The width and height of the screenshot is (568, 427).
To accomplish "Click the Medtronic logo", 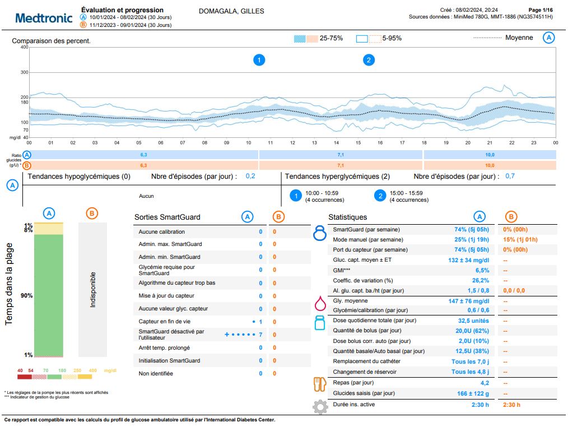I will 44,18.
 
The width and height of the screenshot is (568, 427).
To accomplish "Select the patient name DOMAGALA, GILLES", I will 231,11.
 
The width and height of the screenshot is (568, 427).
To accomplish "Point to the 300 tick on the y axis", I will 25,72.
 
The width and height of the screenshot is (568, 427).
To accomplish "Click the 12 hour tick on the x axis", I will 292,142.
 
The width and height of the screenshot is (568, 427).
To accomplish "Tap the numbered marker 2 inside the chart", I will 369,60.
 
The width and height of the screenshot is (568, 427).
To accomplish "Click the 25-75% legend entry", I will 318,38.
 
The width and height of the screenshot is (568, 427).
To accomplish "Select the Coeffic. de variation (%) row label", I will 363,280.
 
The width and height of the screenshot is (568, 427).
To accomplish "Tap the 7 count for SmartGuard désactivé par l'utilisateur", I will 260,335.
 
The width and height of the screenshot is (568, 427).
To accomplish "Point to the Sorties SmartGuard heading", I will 167,217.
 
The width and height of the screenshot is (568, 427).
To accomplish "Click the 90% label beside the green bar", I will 27,295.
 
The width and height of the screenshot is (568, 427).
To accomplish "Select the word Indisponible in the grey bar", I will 92,290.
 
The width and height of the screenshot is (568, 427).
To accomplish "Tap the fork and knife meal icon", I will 319,384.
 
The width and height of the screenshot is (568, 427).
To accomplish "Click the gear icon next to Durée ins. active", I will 319,406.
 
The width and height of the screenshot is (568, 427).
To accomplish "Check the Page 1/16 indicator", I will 541,10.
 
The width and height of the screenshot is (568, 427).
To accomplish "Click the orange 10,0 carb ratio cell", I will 490,165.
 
